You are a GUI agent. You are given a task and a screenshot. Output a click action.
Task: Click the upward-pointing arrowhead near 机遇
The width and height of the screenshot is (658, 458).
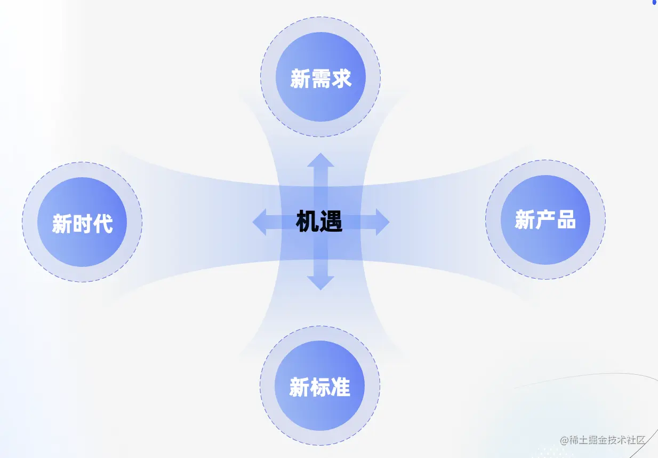click(x=320, y=160)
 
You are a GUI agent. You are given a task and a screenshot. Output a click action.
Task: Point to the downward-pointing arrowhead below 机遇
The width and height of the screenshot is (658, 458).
click(x=320, y=283)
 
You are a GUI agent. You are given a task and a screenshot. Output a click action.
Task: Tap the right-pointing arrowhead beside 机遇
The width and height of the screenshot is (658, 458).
click(x=382, y=222)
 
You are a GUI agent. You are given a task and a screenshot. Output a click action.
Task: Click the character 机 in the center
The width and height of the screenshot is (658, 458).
click(x=307, y=222)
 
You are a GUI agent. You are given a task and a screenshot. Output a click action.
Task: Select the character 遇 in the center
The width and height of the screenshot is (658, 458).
click(x=331, y=222)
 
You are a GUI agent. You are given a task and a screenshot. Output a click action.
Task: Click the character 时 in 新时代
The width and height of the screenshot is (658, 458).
click(x=82, y=223)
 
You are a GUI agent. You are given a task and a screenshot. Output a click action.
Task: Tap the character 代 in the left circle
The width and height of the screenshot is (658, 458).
click(x=103, y=223)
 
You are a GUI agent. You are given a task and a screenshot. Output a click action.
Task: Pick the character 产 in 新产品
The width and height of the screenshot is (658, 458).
click(x=545, y=219)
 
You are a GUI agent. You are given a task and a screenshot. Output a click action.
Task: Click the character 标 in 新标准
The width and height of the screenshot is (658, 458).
click(x=320, y=387)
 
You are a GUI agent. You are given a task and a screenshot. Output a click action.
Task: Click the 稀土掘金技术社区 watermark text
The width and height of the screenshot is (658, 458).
click(x=607, y=440)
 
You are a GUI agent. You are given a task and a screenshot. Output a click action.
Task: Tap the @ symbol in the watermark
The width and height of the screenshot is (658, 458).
click(x=564, y=440)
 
